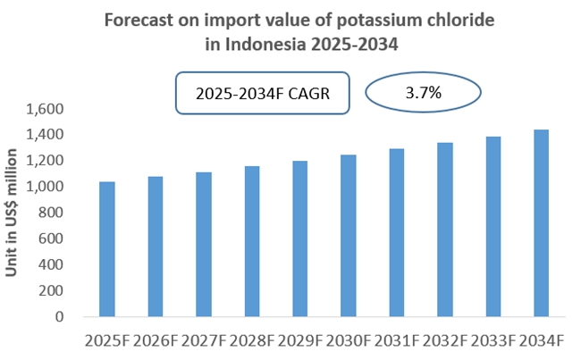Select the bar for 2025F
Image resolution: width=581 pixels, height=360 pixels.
pyautogui.click(x=107, y=249)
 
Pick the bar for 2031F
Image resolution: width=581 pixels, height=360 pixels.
pyautogui.click(x=397, y=232)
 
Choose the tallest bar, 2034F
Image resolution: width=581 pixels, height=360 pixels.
pyautogui.click(x=541, y=223)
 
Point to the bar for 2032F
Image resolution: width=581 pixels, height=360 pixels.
pyautogui.click(x=445, y=230)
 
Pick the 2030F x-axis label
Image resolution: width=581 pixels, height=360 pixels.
pyautogui.click(x=349, y=340)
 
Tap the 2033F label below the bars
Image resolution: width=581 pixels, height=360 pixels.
pyautogui.click(x=493, y=340)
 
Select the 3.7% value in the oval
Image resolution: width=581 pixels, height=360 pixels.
pyautogui.click(x=424, y=92)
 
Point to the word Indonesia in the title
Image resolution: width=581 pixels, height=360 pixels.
pyautogui.click(x=259, y=41)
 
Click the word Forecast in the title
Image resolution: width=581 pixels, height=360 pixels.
pyautogui.click(x=140, y=18)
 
